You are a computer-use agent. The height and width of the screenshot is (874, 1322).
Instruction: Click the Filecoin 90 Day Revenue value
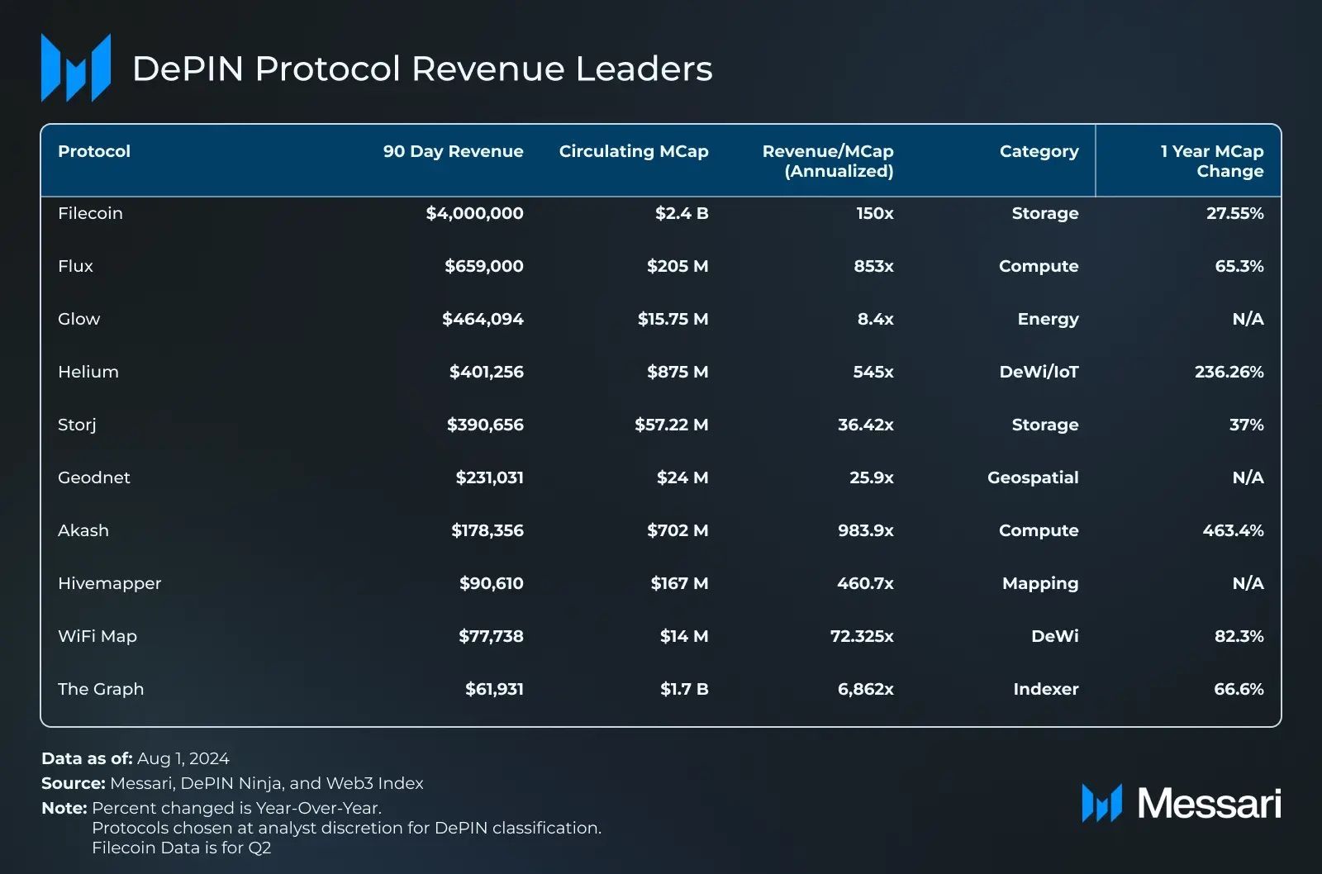[x=474, y=213]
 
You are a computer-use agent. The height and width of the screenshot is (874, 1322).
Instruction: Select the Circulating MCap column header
[x=633, y=151]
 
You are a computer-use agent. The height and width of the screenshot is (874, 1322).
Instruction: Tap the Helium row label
[x=88, y=372]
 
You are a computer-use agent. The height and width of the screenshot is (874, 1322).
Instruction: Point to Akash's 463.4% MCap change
[x=1233, y=530]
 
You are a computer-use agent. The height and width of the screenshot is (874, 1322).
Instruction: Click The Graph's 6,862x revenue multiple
[x=865, y=689]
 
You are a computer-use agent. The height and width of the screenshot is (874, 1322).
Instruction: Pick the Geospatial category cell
[x=1033, y=477]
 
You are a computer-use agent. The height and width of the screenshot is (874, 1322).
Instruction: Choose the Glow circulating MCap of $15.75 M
[x=673, y=319]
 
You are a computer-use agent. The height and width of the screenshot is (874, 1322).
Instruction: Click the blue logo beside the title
[x=76, y=69]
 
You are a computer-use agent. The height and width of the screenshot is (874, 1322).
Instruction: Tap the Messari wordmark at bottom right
[x=1208, y=803]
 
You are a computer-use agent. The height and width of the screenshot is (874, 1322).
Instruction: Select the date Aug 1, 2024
[x=183, y=758]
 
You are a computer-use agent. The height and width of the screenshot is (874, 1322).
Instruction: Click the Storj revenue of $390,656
[x=485, y=425]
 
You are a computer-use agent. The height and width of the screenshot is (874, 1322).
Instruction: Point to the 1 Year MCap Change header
[x=1212, y=161]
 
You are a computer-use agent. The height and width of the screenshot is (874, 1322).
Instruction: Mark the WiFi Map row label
[x=97, y=636]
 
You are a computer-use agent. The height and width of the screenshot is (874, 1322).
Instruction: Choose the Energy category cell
[x=1048, y=319]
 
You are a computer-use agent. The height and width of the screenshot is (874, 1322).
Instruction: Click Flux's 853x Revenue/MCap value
[x=873, y=266]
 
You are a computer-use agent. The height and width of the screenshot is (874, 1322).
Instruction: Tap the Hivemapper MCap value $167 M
[x=679, y=583]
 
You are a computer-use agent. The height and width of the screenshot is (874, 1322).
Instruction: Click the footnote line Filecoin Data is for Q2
[x=181, y=848]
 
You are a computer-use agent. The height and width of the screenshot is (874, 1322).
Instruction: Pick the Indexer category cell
[x=1045, y=689]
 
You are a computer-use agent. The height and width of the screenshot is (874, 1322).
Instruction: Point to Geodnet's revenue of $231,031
[x=489, y=477]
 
